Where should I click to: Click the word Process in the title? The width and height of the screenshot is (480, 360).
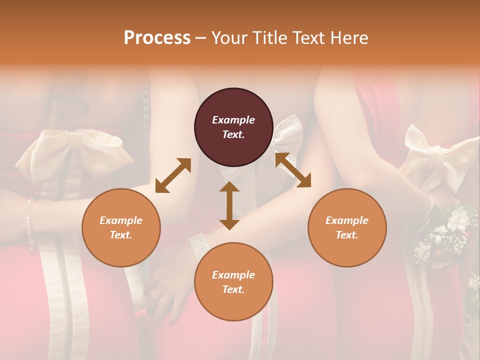(x=157, y=38)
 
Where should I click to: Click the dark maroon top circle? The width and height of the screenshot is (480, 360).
(x=233, y=127)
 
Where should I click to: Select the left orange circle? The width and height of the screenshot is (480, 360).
(x=121, y=227)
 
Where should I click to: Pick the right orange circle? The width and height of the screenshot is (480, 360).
(x=347, y=227)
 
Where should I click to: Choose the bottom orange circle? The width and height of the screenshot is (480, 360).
(x=233, y=281)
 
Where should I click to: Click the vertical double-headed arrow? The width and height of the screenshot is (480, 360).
(x=229, y=205)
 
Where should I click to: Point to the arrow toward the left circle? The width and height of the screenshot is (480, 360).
(x=173, y=175)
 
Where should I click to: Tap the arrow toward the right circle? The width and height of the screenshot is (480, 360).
(x=293, y=170)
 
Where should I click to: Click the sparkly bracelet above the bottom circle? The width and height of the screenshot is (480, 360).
(x=198, y=245)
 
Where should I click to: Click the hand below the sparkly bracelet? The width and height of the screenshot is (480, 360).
(x=167, y=285)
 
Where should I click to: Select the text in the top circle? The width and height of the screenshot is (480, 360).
(x=233, y=127)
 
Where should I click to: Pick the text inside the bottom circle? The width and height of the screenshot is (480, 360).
(x=233, y=282)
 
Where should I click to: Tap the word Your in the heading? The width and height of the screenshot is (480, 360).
(x=228, y=38)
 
